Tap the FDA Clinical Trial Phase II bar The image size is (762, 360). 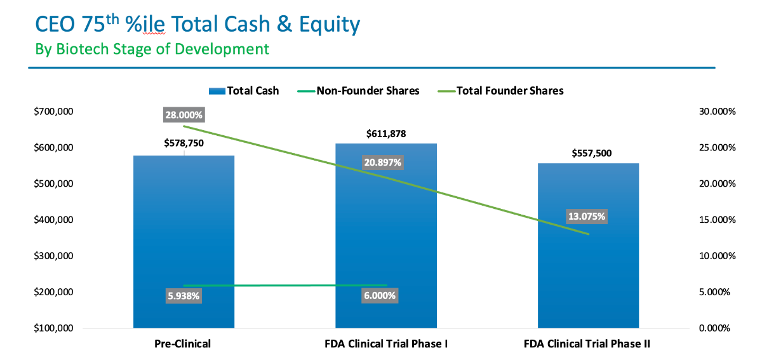[588, 267]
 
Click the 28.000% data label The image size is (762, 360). [184, 115]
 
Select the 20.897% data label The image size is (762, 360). [382, 163]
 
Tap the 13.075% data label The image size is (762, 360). [587, 217]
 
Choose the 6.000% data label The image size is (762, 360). [379, 296]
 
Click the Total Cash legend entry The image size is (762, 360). [244, 91]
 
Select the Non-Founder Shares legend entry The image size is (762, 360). [358, 91]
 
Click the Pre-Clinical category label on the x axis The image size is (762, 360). [183, 344]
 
